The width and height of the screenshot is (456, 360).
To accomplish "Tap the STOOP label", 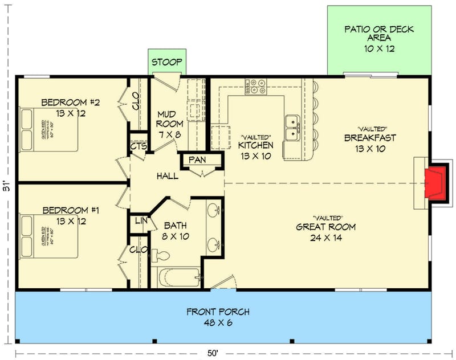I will click(x=166, y=62).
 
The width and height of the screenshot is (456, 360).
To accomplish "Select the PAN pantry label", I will click(x=198, y=160).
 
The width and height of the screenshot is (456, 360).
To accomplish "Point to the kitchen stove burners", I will click(x=256, y=86).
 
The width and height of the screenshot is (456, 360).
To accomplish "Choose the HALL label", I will click(x=168, y=176).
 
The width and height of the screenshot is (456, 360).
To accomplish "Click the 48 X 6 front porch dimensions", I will click(x=218, y=324).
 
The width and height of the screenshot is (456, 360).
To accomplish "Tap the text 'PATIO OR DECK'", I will click(x=380, y=29).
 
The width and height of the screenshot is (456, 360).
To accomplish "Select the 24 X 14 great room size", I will click(x=326, y=238).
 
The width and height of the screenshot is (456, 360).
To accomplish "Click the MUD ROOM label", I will click(x=169, y=118).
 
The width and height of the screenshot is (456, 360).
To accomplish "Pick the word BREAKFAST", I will click(x=370, y=138).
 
